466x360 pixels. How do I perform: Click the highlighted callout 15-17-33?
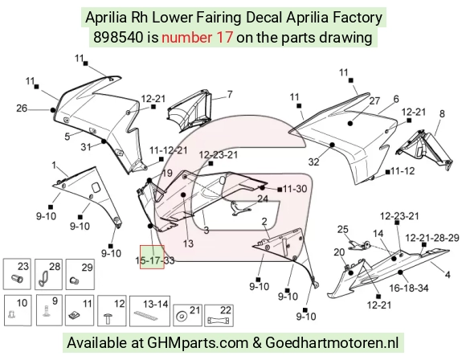(155, 260)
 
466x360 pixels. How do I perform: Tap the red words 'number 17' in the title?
(197, 38)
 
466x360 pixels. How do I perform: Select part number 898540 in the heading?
(117, 38)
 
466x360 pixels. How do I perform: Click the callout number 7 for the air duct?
(230, 94)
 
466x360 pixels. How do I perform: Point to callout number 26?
(22, 108)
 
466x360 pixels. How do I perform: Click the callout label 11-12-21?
(169, 150)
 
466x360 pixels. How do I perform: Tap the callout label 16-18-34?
(409, 288)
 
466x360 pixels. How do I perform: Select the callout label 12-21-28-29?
(432, 238)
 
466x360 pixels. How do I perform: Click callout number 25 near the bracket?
(342, 229)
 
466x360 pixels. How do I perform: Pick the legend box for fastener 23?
(17, 274)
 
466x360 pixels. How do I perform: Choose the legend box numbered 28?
(48, 274)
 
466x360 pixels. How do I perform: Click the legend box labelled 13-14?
(149, 311)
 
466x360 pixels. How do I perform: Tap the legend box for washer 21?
(187, 315)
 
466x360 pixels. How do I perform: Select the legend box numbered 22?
(219, 315)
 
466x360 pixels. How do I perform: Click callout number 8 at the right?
(442, 113)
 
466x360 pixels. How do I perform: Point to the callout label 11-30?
(295, 189)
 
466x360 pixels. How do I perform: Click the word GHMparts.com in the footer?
(198, 343)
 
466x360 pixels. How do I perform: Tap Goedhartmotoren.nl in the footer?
(332, 343)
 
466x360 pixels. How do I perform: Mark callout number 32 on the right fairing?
(313, 162)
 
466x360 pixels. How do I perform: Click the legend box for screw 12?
(112, 311)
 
